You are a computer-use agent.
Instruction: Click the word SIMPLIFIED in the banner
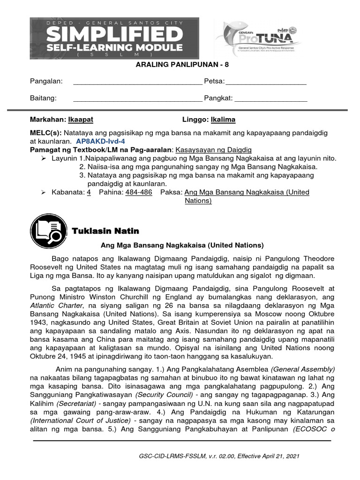[114, 34]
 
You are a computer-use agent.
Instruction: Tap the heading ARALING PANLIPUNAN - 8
[180, 66]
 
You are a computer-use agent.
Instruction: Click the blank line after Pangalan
[138, 82]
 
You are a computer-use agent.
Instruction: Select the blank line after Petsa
[266, 82]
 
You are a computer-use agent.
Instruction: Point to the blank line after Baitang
[138, 98]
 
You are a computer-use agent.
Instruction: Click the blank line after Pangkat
[270, 98]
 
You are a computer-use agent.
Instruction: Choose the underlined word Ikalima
[223, 120]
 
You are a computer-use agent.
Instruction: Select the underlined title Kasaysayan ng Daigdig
[213, 150]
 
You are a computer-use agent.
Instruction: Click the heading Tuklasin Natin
[105, 231]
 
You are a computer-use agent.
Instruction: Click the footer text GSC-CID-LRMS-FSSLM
[170, 456]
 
